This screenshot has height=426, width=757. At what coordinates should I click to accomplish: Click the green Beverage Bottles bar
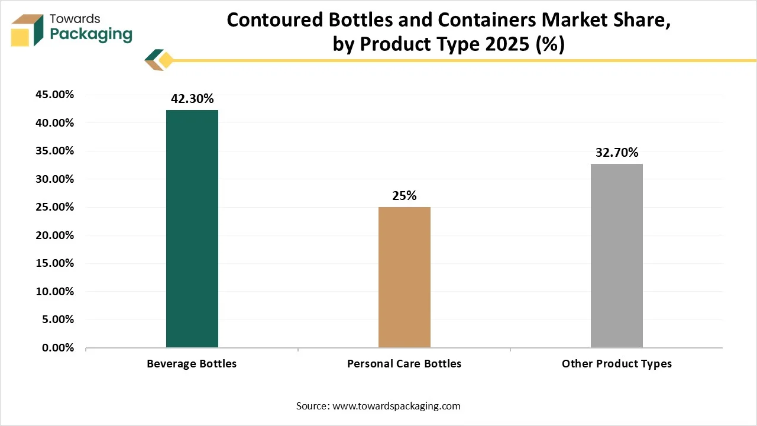pos(192,229)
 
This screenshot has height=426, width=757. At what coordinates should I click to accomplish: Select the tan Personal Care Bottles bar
pos(405,277)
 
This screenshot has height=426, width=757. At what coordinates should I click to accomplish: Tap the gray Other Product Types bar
pos(616,256)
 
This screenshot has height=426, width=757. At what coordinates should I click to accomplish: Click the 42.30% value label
pos(192,99)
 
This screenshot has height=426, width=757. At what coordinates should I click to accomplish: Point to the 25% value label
pos(405,196)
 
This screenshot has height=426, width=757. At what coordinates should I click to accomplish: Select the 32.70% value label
pos(617,153)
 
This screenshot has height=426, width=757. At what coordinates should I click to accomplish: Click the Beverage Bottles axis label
pos(192,364)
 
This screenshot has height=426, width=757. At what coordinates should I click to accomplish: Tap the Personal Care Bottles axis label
pos(404,364)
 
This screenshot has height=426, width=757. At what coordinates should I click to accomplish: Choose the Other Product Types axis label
pos(617,364)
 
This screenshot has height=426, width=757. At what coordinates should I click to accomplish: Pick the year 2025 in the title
pos(506,44)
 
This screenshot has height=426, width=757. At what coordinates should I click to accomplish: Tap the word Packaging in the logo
pos(91,34)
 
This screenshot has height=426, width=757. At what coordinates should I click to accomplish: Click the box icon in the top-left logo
pos(27,30)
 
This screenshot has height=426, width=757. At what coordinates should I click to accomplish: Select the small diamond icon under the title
pos(166,60)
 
